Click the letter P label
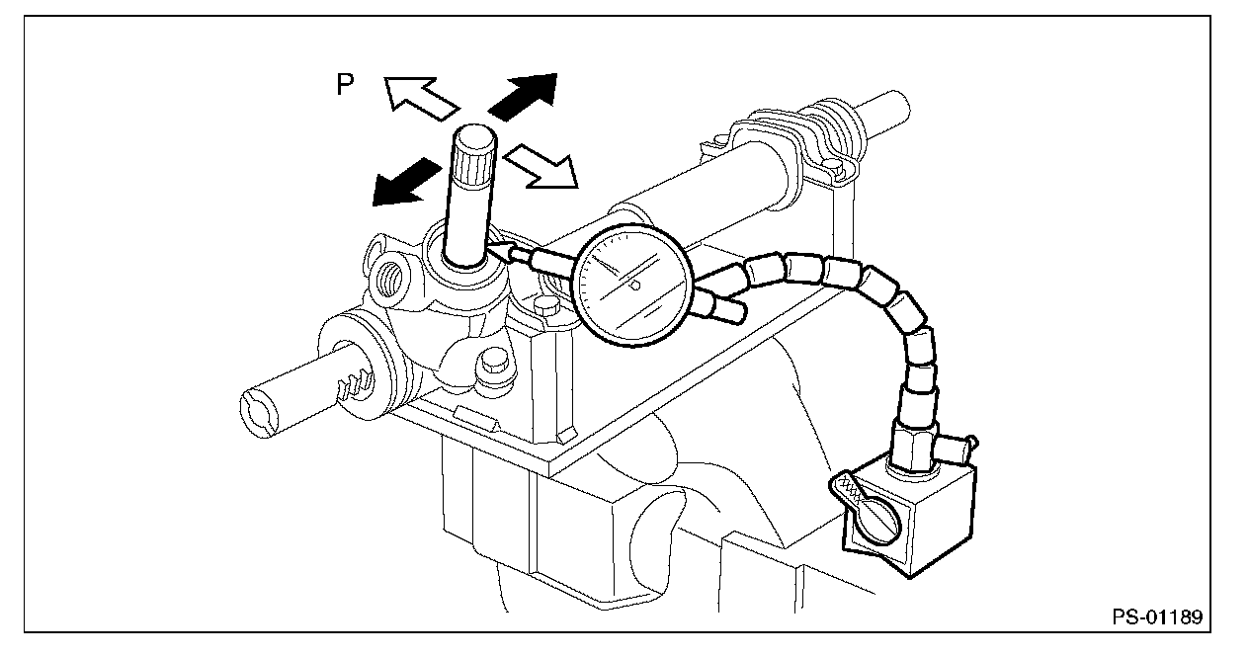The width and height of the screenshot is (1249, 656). pos(345,85)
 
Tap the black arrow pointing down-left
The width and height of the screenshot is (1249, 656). pos(405,183)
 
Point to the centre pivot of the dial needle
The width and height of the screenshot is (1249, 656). pos(635,287)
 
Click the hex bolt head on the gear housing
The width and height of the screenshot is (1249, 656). pos(491,369)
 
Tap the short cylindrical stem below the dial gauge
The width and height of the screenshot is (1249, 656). pos(726,310)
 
